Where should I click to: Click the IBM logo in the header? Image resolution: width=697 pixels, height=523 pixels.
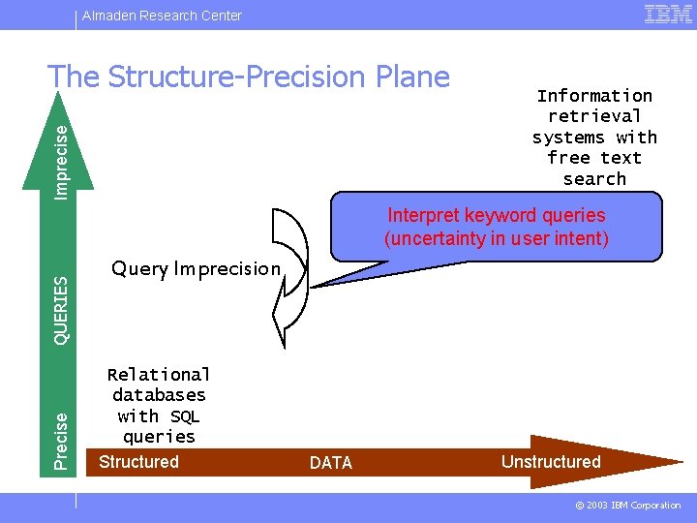click(x=668, y=14)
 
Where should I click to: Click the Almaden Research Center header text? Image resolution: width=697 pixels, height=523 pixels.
click(x=162, y=15)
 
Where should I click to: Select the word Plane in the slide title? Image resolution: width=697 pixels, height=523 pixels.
click(x=410, y=77)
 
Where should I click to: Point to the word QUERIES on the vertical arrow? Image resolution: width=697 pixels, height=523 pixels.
click(x=62, y=310)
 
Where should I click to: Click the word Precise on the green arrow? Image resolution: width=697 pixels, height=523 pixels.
click(x=62, y=441)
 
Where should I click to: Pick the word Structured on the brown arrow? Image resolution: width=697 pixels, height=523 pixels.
click(x=138, y=462)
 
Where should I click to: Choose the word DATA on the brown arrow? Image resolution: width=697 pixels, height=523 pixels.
click(x=331, y=463)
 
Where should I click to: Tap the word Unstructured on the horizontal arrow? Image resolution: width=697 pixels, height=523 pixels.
click(x=551, y=462)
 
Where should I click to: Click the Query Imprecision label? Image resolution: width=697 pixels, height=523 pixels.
click(x=196, y=268)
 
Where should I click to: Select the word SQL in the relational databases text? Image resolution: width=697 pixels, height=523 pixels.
click(x=184, y=415)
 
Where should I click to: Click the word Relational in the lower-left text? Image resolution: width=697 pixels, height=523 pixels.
click(x=159, y=374)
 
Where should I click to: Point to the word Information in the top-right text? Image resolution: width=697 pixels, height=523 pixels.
click(x=594, y=95)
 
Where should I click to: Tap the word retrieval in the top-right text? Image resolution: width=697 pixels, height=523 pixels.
click(x=594, y=116)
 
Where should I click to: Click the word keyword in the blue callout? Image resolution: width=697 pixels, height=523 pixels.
click(x=500, y=215)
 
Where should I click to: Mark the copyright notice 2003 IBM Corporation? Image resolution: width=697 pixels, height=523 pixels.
click(x=629, y=506)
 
